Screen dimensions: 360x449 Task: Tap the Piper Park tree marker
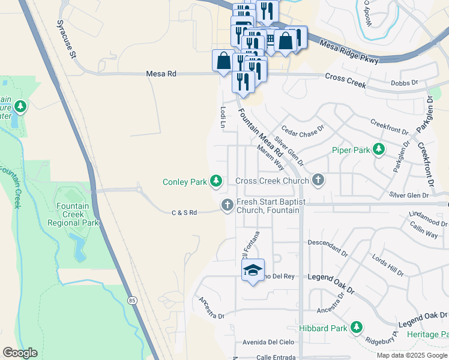(379, 149)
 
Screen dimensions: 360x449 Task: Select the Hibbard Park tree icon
(357, 328)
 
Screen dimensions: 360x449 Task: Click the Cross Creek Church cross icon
(318, 180)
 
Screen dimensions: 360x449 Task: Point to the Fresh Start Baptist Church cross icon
(228, 205)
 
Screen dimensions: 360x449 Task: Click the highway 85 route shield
(131, 299)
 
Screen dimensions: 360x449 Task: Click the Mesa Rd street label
(161, 74)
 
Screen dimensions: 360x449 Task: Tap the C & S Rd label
(184, 212)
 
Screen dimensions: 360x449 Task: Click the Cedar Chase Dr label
(303, 131)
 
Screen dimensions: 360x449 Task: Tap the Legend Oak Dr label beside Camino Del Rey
(331, 277)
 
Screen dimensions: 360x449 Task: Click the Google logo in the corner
(20, 353)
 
